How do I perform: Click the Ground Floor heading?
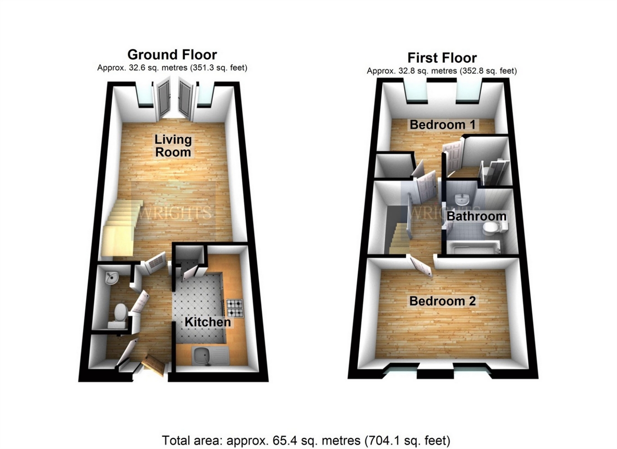172,55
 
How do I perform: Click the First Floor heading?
442,58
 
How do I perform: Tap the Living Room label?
173,145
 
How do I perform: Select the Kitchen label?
207,322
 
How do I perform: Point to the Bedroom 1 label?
442,124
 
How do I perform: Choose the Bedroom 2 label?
442,301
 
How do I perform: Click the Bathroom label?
476,216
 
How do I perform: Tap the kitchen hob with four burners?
235,308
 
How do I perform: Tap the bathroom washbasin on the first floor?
462,199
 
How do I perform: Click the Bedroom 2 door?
422,266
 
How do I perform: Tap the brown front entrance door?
154,364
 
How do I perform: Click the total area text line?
306,441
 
